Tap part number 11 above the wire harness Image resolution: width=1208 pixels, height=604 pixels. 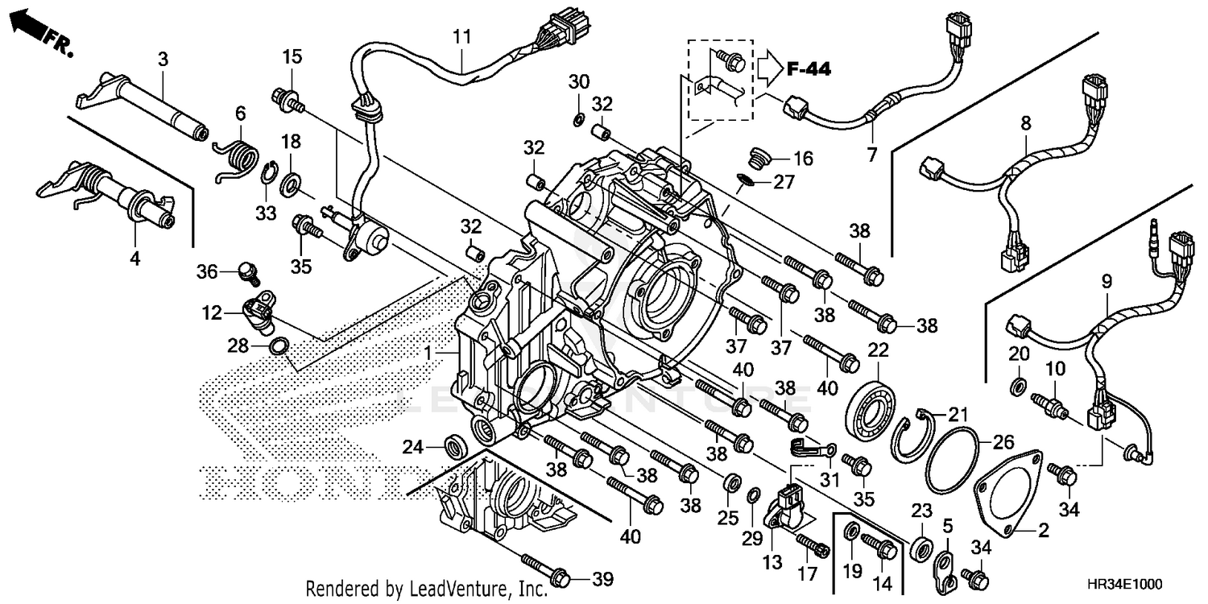pos(461,36)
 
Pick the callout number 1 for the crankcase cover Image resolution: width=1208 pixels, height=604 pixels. pos(430,353)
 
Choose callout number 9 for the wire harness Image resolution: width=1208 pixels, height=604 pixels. pos(1107,282)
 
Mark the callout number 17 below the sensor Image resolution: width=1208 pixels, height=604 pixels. pos(807,574)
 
